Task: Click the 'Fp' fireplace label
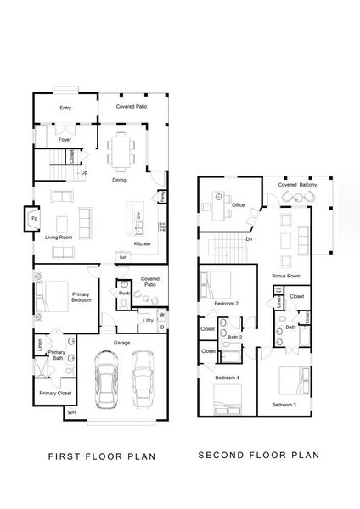click(x=34, y=218)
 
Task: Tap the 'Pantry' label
click(x=162, y=196)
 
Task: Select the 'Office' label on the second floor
click(x=239, y=204)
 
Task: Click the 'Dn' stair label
click(x=248, y=239)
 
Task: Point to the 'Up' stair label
click(x=83, y=172)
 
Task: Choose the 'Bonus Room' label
click(x=285, y=277)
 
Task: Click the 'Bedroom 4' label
click(x=227, y=377)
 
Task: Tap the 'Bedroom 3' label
click(x=284, y=406)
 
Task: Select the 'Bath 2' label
click(x=235, y=338)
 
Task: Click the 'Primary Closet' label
click(x=53, y=393)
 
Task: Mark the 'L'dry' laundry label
click(x=147, y=319)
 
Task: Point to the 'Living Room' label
click(x=59, y=238)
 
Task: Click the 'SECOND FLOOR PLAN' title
click(x=258, y=455)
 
